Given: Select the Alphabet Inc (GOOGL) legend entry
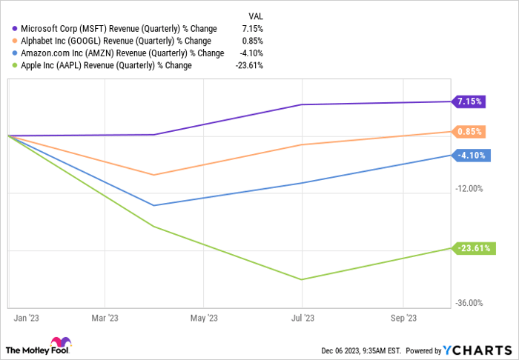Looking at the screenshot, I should coord(112,41).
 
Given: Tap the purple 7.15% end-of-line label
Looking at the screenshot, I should coord(471,101).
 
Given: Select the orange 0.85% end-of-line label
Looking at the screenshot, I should coord(471,132).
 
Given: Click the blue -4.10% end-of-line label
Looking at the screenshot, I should coord(471,155).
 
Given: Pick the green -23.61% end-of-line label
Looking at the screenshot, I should coord(473,248).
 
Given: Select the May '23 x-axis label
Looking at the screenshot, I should coord(204,318).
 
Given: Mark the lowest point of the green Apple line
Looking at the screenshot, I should coord(302,279).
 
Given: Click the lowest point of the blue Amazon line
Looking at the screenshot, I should coord(153,205).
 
